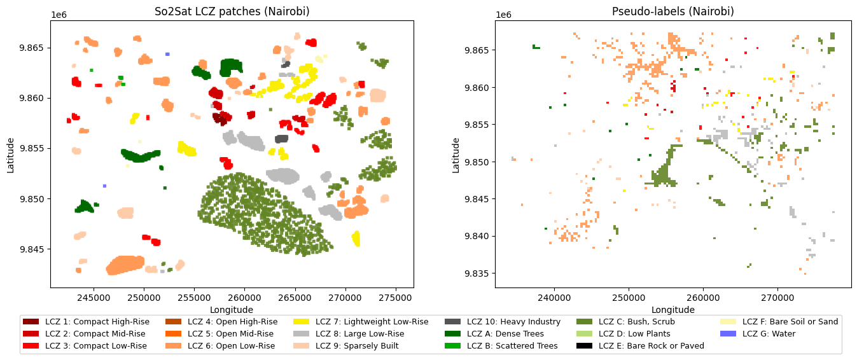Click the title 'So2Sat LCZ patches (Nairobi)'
(x=232, y=11)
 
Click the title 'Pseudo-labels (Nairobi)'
(x=673, y=11)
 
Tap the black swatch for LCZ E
(x=585, y=346)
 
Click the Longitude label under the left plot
(x=232, y=310)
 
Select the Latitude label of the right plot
(x=456, y=155)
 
